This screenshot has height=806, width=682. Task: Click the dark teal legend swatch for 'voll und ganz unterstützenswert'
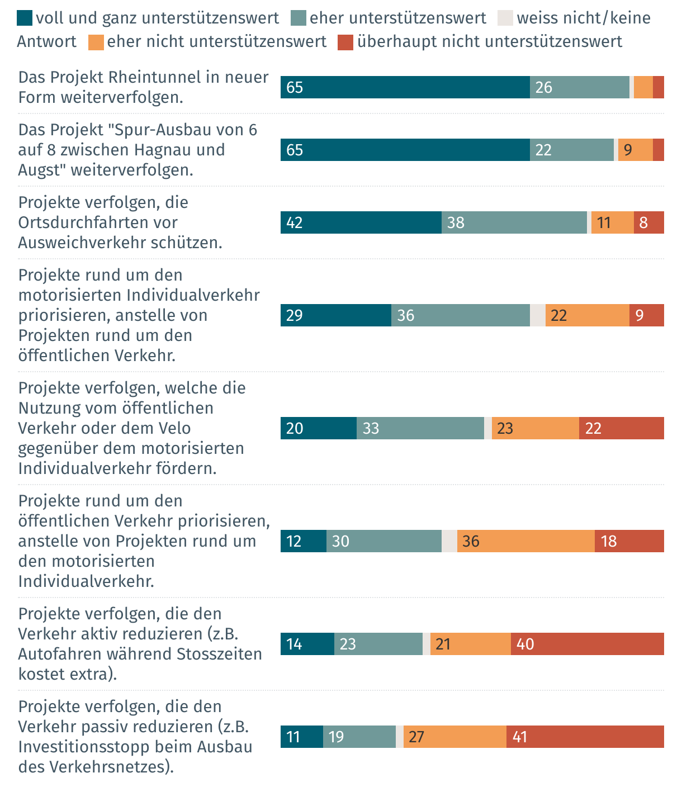tap(25, 18)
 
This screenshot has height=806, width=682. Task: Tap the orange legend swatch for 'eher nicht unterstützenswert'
tap(96, 42)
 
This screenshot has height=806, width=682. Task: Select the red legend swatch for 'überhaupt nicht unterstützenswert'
tap(345, 42)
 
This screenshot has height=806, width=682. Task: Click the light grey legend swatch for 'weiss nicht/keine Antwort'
tap(505, 18)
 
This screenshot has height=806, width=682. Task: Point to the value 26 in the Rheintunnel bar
tap(544, 88)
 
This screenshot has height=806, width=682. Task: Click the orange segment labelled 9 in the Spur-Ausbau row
tap(635, 150)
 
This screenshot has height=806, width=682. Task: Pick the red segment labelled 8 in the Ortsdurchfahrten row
tap(648, 222)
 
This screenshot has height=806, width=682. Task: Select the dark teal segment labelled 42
tap(361, 222)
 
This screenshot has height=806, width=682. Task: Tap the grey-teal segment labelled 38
tap(514, 222)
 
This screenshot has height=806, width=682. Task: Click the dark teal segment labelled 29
tap(335, 315)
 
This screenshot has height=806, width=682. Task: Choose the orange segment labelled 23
tap(535, 428)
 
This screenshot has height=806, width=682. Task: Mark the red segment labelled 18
tap(629, 541)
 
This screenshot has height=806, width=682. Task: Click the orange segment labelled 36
tap(525, 541)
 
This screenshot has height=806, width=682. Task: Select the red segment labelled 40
tap(587, 644)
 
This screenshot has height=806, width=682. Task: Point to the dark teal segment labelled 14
tap(307, 644)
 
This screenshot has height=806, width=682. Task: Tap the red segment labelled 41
tap(585, 737)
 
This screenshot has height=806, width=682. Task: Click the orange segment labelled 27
tap(454, 737)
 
